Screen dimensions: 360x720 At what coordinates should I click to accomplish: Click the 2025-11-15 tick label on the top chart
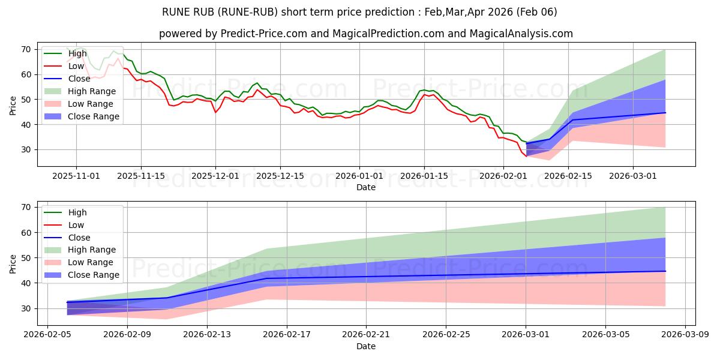141,176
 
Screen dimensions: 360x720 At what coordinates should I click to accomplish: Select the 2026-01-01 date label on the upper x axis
359,176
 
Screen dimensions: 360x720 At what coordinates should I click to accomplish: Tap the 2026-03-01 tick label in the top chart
633,176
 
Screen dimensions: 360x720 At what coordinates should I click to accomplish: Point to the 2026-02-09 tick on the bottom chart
127,335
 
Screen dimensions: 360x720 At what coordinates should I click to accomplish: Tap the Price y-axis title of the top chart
13,106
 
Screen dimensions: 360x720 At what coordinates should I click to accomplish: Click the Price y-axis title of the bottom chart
13,264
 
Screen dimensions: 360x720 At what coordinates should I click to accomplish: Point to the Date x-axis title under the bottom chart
366,346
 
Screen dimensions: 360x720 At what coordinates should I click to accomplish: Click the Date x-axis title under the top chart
366,187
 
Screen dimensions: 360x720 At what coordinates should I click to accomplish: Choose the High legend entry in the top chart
77,53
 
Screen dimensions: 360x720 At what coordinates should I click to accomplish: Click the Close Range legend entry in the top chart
92,116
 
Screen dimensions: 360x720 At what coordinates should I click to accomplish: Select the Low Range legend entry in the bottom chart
91,262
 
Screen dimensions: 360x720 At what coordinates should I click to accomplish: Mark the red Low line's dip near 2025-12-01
215,112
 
